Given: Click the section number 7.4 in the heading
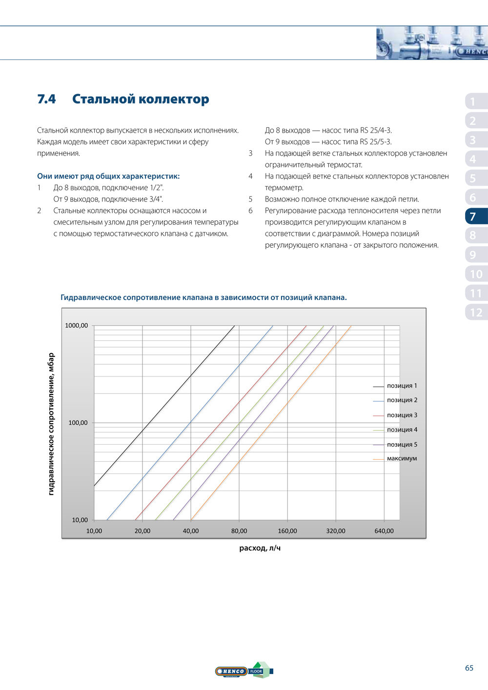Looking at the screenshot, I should coord(46,99).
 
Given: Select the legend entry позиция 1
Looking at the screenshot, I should coord(402,386).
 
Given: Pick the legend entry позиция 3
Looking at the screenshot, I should coord(402,415).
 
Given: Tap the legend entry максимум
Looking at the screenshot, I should coord(402,459).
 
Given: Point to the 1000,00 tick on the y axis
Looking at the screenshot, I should coord(77,326).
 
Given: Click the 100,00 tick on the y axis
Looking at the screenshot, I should coord(78,423).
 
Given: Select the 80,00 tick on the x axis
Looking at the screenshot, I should coord(239,531).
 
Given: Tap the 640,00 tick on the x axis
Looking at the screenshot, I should coord(384,531).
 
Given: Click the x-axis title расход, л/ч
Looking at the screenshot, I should coord(260,548).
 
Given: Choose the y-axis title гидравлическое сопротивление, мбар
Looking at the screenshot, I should coord(51,424).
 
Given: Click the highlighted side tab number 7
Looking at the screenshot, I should coord(473,217).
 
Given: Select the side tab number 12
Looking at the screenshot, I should coord(476,313).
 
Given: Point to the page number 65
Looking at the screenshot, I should coord(469,668).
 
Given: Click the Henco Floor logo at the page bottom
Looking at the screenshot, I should coord(244,671).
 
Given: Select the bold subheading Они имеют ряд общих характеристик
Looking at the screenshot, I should coord(108,176).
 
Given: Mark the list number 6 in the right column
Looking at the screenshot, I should coord(250,211).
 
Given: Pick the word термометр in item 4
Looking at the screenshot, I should coord(284,188).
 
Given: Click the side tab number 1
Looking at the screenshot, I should coord(472,101).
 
